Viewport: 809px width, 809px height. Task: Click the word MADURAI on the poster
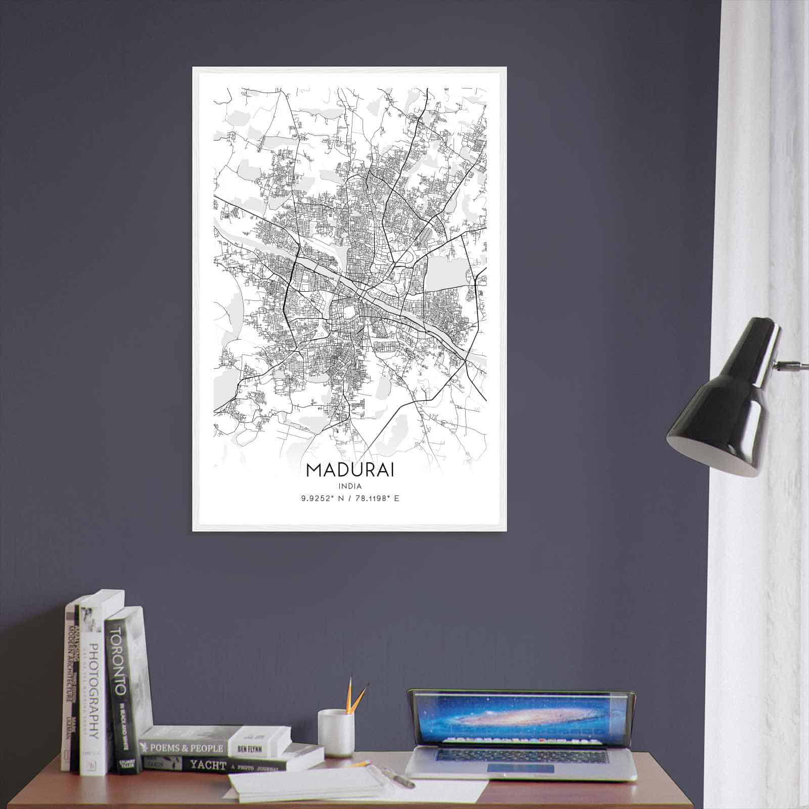[350, 469]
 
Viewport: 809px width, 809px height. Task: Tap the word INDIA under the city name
[350, 486]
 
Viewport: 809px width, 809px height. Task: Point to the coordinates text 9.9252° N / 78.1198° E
[350, 499]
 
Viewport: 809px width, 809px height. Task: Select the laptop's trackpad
[521, 769]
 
